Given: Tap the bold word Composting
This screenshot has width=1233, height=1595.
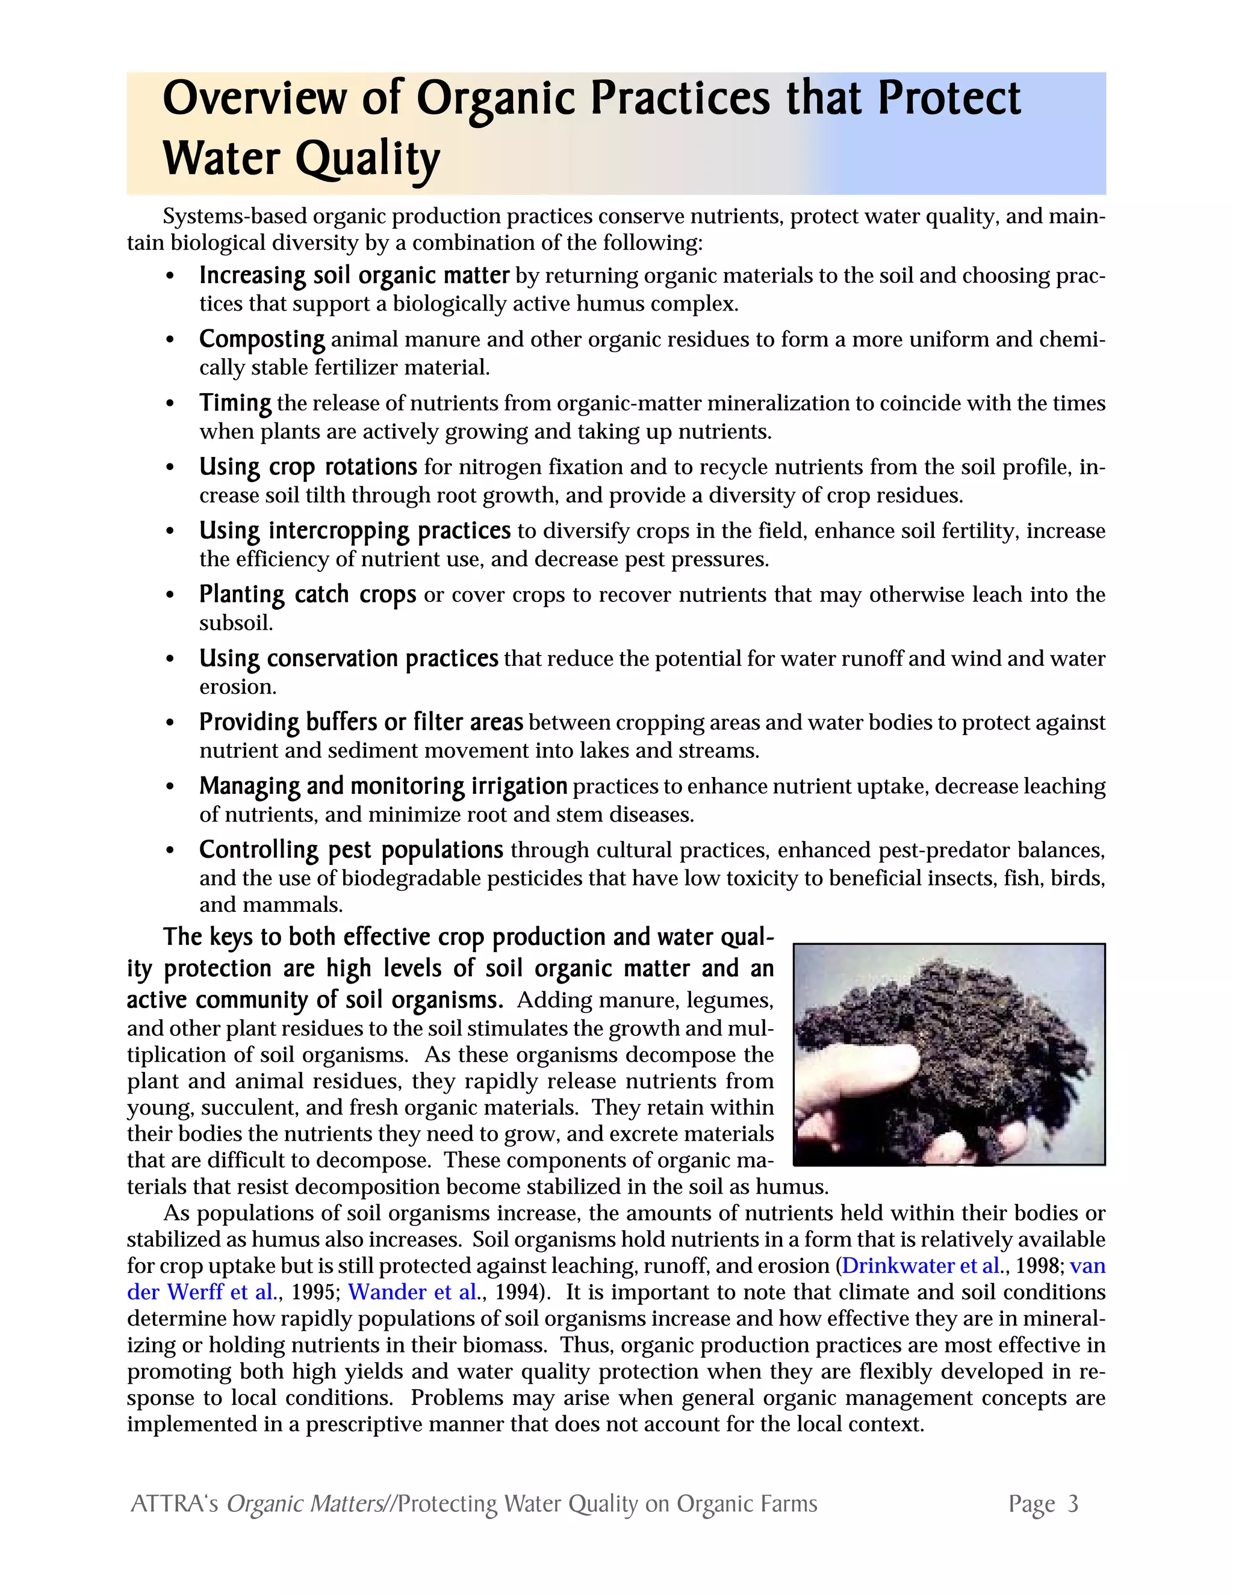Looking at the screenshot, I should [261, 339].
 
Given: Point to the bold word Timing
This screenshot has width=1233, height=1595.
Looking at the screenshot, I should [235, 403].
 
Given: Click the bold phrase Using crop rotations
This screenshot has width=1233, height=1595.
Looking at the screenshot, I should [308, 466].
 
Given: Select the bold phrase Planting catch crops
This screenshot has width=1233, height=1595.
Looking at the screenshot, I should [307, 595].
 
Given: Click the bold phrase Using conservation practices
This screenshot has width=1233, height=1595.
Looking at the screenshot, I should [349, 658].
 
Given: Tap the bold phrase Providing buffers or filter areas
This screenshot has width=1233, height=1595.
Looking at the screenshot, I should [361, 722].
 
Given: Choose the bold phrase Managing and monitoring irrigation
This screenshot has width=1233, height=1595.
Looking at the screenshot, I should [383, 786].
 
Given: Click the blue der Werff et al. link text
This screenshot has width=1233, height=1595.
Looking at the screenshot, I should [202, 1292].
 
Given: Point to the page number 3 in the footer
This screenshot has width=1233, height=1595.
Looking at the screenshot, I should [1072, 1504].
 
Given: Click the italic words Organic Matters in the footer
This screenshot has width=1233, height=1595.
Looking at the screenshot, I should [305, 1504].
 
